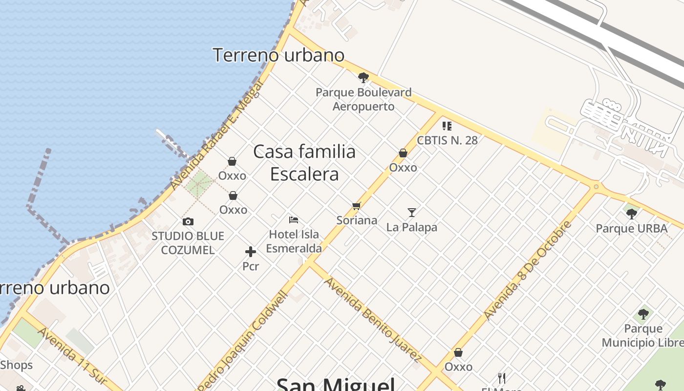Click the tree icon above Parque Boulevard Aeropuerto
pyautogui.click(x=363, y=77)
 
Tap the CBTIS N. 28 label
pyautogui.click(x=447, y=140)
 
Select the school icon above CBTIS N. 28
pyautogui.click(x=447, y=126)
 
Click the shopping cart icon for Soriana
pyautogui.click(x=356, y=206)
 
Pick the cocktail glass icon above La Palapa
pyautogui.click(x=412, y=213)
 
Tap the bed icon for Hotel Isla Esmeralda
pyautogui.click(x=294, y=220)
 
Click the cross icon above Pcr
pyautogui.click(x=251, y=252)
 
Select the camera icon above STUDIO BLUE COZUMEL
pyautogui.click(x=188, y=222)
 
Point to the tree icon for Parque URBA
pyautogui.click(x=632, y=214)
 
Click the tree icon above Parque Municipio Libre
pyautogui.click(x=643, y=314)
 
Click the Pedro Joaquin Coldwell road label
pyautogui.click(x=241, y=342)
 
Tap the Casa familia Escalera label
pyautogui.click(x=304, y=163)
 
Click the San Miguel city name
pyautogui.click(x=336, y=384)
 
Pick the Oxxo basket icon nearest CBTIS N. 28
pyautogui.click(x=403, y=153)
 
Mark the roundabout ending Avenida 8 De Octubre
pyautogui.click(x=596, y=187)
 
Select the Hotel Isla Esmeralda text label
pyautogui.click(x=294, y=241)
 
